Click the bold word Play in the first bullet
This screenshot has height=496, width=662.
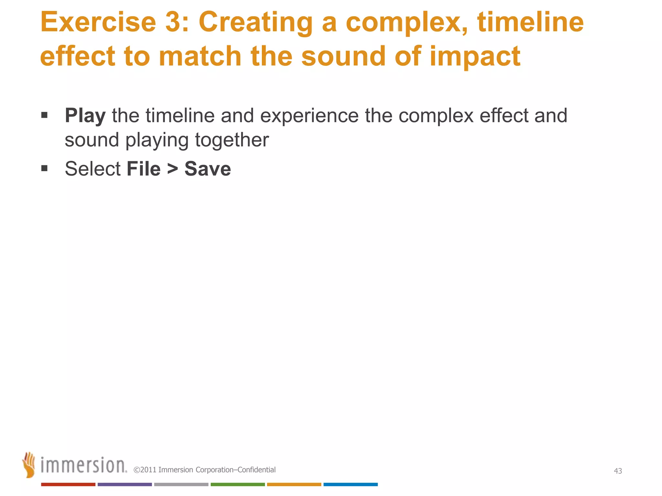coord(85,116)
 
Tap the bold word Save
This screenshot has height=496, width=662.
coord(208,169)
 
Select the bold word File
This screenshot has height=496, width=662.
coord(144,169)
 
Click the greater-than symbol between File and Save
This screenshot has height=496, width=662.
coord(173,169)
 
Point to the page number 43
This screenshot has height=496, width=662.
coord(618,471)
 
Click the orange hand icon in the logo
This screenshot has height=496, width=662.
coord(29,465)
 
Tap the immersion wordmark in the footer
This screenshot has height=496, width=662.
coord(83,466)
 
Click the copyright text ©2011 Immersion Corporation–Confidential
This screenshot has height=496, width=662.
coord(205,470)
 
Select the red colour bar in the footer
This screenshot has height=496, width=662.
coord(68,484)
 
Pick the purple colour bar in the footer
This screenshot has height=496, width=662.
coord(125,484)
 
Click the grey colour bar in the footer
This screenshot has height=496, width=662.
coord(181,484)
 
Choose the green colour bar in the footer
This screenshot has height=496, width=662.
coord(238,484)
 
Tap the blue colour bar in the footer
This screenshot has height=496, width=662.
coord(350,484)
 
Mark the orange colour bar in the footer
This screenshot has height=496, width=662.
coord(294,484)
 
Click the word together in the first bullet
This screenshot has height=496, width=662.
coord(232,140)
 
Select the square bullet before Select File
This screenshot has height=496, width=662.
coord(45,168)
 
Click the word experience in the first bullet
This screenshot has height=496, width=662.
coord(309,116)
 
